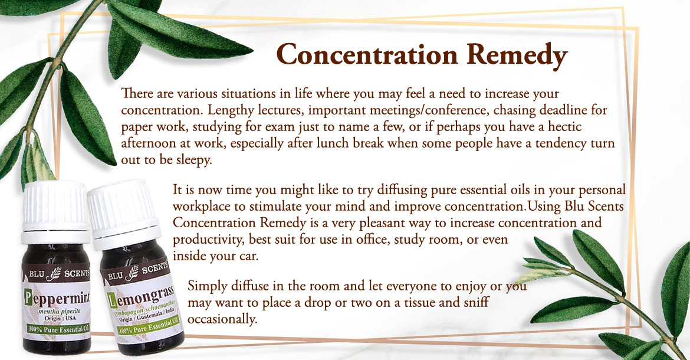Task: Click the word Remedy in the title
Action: point(517,55)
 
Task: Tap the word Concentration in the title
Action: point(367,55)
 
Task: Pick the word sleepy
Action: point(194,160)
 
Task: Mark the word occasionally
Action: point(222,319)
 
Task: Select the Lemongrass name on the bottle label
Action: point(141,297)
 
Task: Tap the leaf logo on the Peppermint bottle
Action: point(55,273)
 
